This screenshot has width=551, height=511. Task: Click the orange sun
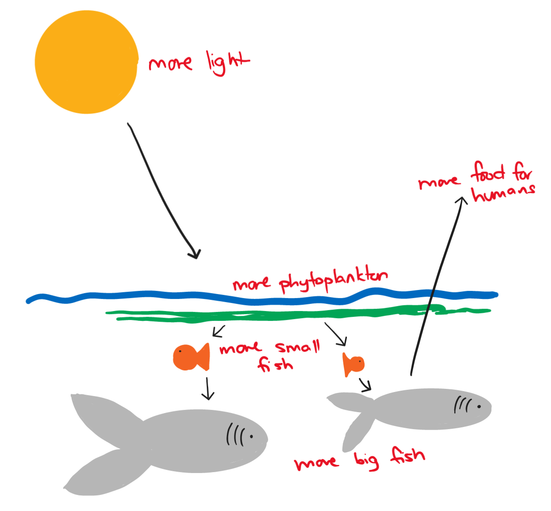point(86,62)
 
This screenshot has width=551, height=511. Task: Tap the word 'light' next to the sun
point(227,63)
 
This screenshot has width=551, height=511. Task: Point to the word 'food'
point(487,172)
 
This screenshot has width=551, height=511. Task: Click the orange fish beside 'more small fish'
point(191,357)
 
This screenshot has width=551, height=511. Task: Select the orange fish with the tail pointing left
point(353,364)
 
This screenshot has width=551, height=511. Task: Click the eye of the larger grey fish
point(251,436)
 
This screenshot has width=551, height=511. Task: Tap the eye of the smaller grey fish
point(478,407)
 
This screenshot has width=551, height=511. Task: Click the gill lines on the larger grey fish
point(235,434)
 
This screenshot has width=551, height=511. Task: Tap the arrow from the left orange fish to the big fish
point(207,388)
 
